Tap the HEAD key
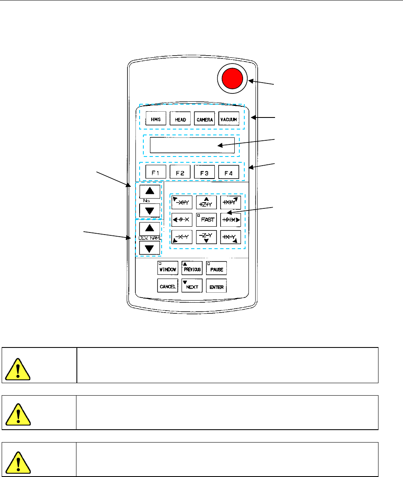(181, 119)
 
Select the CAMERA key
(204, 119)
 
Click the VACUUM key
(229, 119)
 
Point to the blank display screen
(192, 146)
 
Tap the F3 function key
(204, 172)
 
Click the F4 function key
(229, 172)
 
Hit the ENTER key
(216, 286)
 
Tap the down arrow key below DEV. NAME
(150, 249)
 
